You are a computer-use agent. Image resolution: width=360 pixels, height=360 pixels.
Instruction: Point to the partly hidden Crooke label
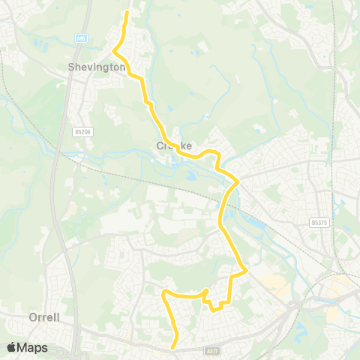click(175, 145)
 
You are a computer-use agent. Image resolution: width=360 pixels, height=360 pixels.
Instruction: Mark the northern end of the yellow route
click(127, 13)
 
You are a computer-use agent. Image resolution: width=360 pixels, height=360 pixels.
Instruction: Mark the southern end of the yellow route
click(173, 347)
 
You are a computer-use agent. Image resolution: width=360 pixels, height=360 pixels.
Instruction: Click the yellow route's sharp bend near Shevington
click(114, 51)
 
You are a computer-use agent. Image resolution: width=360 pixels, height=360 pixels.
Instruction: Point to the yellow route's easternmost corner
click(246, 270)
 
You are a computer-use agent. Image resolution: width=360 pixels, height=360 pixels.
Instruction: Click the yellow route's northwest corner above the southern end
click(164, 292)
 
